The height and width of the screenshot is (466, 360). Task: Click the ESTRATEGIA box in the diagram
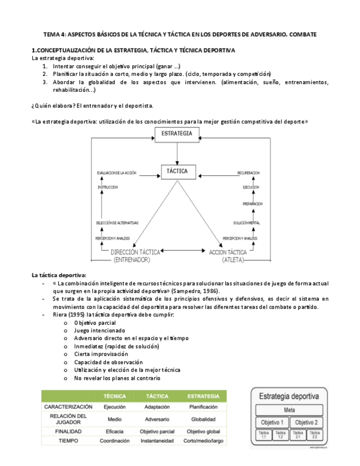(x=178, y=133)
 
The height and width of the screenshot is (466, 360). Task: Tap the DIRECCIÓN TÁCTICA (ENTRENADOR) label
(x=136, y=256)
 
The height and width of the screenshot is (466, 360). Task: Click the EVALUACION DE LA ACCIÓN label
(x=117, y=173)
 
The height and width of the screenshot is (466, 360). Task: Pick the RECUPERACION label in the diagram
(x=248, y=173)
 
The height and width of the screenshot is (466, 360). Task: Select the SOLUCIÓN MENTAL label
(x=246, y=223)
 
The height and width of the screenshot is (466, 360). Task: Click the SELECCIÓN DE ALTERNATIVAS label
(x=117, y=223)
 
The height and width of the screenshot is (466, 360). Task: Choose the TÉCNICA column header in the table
(x=114, y=396)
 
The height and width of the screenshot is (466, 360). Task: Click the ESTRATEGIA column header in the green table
(x=204, y=396)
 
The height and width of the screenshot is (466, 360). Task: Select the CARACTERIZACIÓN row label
(x=68, y=407)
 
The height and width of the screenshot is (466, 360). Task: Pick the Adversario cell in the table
(x=157, y=419)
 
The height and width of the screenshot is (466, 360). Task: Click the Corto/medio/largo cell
(x=204, y=441)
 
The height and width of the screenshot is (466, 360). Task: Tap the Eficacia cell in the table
(x=114, y=431)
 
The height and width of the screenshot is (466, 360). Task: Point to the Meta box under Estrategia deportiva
(x=289, y=410)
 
